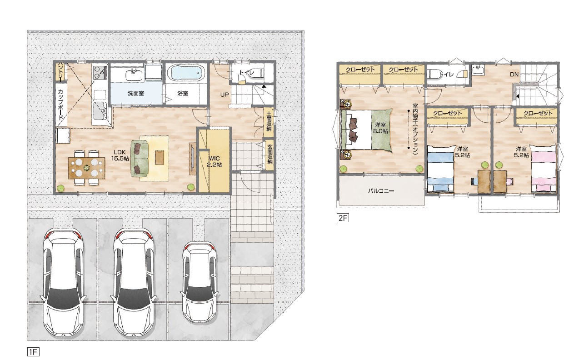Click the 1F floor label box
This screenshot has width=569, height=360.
pyautogui.click(x=33, y=352)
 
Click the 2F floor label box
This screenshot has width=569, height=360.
pyautogui.click(x=343, y=218)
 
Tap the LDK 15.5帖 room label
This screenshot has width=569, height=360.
pyautogui.click(x=120, y=155)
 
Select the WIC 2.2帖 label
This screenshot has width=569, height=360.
pyautogui.click(x=214, y=161)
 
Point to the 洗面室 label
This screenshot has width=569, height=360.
pyautogui.click(x=136, y=93)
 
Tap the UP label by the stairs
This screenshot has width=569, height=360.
pyautogui.click(x=225, y=95)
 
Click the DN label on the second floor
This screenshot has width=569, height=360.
pyautogui.click(x=514, y=75)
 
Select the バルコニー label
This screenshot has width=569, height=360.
pyautogui.click(x=381, y=190)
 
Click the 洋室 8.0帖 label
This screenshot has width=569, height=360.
pyautogui.click(x=380, y=128)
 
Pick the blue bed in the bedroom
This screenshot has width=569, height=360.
pyautogui.click(x=441, y=168)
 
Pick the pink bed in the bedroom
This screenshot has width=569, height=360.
pyautogui.click(x=544, y=168)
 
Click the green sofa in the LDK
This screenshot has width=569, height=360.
pyautogui.click(x=139, y=158)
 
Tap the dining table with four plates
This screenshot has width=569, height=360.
pyautogui.click(x=87, y=168)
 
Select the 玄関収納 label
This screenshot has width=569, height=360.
pyautogui.click(x=270, y=154)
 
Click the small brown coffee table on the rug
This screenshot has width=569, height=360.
pyautogui.click(x=159, y=157)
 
